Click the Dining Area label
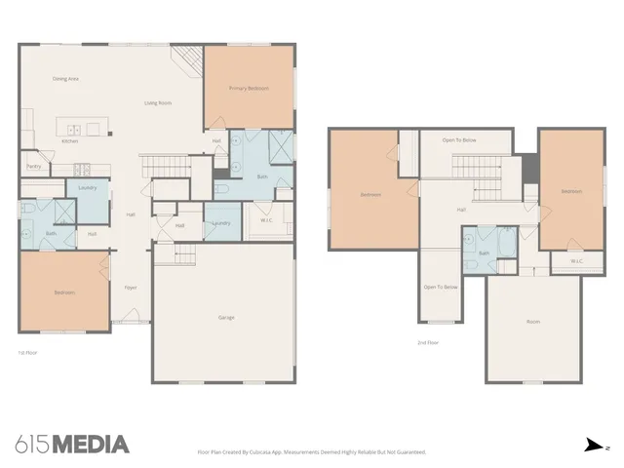pyautogui.click(x=65, y=78)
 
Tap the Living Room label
pyautogui.click(x=158, y=102)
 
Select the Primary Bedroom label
pyautogui.click(x=249, y=89)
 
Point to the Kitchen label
pyautogui.click(x=70, y=141)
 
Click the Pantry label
pyautogui.click(x=34, y=166)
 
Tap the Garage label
pyautogui.click(x=225, y=317)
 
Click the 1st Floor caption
pyautogui.click(x=29, y=351)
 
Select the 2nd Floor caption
pyautogui.click(x=427, y=342)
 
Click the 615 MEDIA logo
pyautogui.click(x=72, y=445)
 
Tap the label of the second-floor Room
pyautogui.click(x=532, y=321)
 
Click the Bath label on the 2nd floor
pyautogui.click(x=484, y=253)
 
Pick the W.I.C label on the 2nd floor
pyautogui.click(x=575, y=260)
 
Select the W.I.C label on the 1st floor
pyautogui.click(x=265, y=219)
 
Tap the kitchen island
pyautogui.click(x=78, y=128)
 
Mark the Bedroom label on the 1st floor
pyautogui.click(x=65, y=292)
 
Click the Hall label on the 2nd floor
pyautogui.click(x=461, y=210)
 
